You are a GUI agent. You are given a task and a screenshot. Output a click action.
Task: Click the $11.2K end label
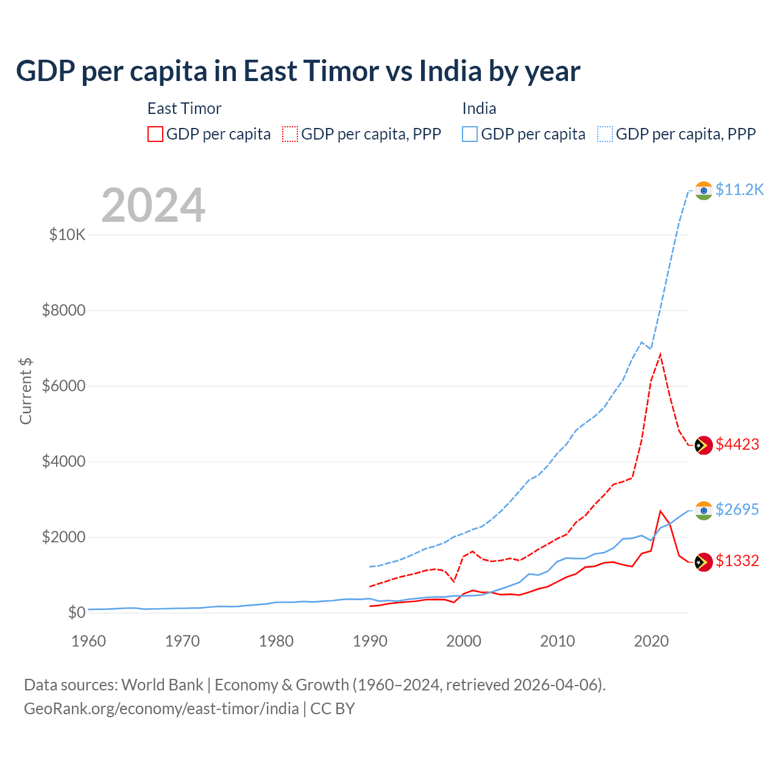[x=739, y=190]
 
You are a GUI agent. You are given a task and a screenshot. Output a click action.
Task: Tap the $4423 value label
[x=737, y=444]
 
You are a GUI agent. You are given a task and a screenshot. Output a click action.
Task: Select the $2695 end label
[x=737, y=509]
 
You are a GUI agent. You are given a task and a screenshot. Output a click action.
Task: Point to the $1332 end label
[x=737, y=561]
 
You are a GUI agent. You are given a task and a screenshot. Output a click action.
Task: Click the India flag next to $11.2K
[x=704, y=191]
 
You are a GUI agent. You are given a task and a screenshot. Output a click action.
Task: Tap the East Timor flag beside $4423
[x=704, y=445]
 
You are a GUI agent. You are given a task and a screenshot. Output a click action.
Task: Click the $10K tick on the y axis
[x=68, y=235]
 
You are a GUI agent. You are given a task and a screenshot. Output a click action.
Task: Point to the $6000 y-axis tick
[x=64, y=386]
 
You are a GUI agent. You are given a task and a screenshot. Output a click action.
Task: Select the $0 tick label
[x=76, y=612]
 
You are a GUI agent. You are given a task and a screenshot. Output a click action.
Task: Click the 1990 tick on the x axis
[x=370, y=641]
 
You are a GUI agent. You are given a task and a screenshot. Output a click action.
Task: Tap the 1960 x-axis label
[x=88, y=641]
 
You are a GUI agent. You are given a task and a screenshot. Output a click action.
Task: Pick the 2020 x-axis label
[x=651, y=641]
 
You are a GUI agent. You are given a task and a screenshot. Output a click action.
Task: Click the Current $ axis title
[x=26, y=391]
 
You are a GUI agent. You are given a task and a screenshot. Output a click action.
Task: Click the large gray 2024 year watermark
[x=153, y=205]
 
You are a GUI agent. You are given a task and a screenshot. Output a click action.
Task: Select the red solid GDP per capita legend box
[x=155, y=134]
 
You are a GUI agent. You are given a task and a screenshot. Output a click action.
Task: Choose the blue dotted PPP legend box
[x=605, y=134]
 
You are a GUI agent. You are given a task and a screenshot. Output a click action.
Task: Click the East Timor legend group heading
[x=184, y=108]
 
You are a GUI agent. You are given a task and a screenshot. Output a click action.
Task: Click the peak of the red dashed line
[x=661, y=354]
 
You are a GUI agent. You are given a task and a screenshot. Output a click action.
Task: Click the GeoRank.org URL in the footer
[x=161, y=709]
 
